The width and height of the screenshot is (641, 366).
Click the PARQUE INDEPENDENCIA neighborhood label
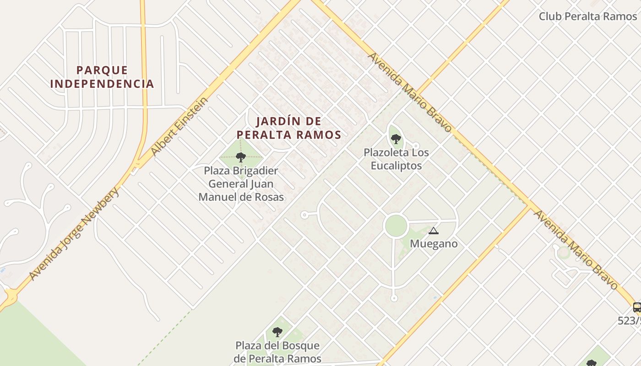tap(102, 77)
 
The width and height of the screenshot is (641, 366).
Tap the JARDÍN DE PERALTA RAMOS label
tap(288, 128)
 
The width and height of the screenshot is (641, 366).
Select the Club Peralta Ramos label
tap(587, 16)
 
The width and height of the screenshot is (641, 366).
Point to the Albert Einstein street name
tap(179, 127)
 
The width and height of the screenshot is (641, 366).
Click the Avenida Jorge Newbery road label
tap(74, 233)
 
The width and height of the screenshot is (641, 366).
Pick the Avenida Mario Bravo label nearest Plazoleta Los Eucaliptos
tap(410, 92)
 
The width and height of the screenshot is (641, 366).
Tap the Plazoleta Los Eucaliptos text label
tap(396, 159)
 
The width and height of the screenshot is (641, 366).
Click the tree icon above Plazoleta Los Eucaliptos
tap(396, 139)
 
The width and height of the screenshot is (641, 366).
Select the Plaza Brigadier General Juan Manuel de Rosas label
tap(241, 184)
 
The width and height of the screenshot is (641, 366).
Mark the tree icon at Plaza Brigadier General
tap(241, 158)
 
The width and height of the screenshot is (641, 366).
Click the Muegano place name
tap(433, 244)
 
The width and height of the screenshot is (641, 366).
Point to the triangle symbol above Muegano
tap(433, 231)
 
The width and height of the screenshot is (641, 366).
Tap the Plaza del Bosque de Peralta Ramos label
tap(277, 352)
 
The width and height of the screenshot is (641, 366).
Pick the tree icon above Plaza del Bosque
tap(277, 332)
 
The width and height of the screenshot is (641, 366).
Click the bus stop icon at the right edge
tap(636, 307)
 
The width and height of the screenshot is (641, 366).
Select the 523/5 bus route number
tap(629, 321)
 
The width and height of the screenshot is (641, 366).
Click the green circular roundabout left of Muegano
tap(396, 226)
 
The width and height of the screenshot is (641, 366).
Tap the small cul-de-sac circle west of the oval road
tap(304, 215)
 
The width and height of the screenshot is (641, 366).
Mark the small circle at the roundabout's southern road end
tap(394, 298)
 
